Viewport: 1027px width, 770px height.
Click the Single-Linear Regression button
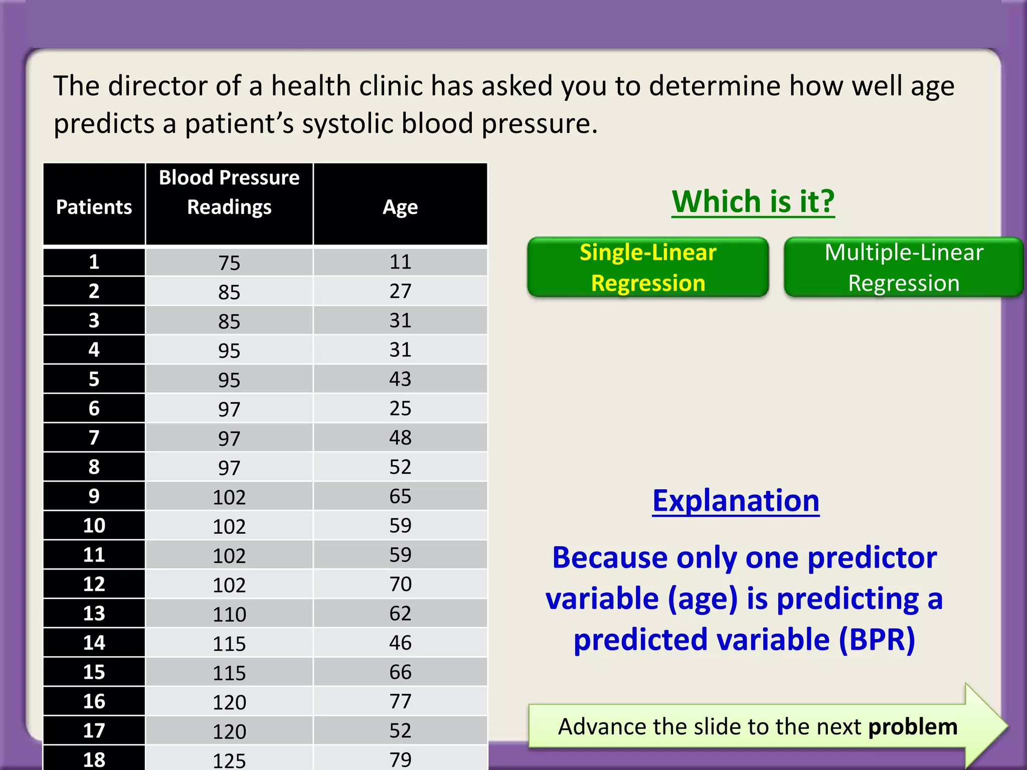(x=648, y=267)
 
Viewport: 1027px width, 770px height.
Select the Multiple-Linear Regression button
(x=904, y=267)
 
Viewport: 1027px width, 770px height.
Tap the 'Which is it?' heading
(x=753, y=202)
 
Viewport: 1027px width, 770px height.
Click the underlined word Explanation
(x=736, y=500)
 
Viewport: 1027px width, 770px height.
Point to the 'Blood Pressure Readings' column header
(x=229, y=192)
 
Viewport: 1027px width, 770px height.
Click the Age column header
(x=400, y=207)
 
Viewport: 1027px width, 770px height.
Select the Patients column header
(x=94, y=207)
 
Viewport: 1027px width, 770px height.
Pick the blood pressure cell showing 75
(x=229, y=263)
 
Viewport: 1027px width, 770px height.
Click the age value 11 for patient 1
(x=400, y=262)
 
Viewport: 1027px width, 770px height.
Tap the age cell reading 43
(x=400, y=379)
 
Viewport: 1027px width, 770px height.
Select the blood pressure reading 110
(x=229, y=614)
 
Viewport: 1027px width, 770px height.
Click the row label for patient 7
(x=94, y=438)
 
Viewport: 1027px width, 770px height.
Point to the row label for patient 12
(x=94, y=584)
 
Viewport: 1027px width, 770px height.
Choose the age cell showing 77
(x=400, y=701)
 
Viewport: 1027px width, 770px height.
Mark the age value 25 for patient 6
(x=400, y=408)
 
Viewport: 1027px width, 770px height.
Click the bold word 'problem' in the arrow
(x=913, y=727)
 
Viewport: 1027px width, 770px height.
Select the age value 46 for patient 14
(x=400, y=643)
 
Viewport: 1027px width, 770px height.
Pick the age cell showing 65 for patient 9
(x=400, y=496)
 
